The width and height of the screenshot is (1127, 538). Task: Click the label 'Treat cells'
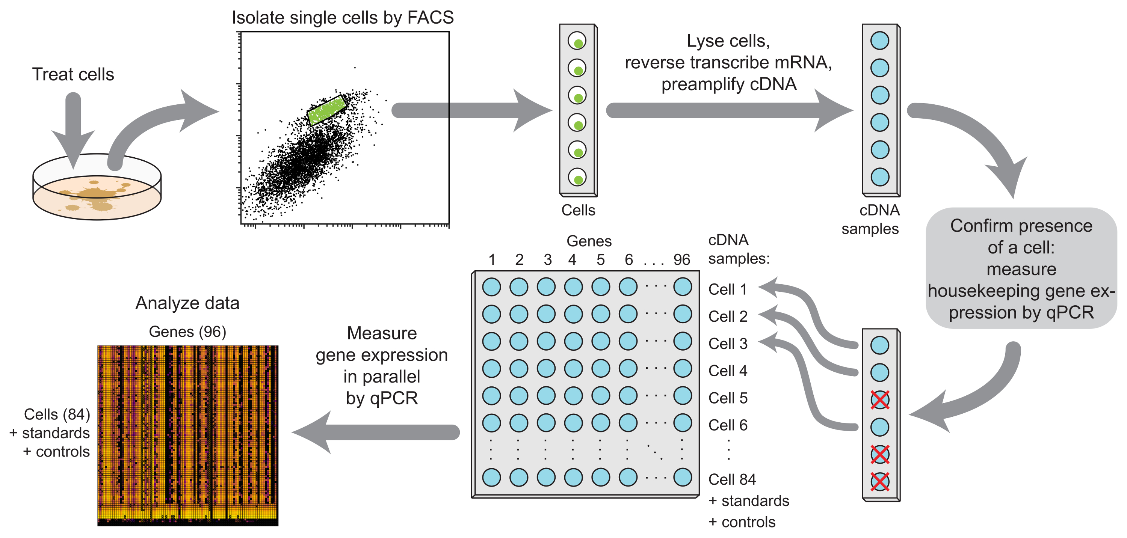pyautogui.click(x=73, y=74)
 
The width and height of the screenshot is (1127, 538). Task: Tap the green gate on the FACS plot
pyautogui.click(x=327, y=110)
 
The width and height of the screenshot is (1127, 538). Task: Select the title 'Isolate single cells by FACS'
pyautogui.click(x=343, y=18)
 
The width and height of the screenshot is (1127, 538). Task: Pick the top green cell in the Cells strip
pyautogui.click(x=578, y=43)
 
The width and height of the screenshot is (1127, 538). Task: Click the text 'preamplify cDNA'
pyautogui.click(x=728, y=84)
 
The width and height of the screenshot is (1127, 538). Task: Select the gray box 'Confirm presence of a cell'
pyautogui.click(x=1021, y=268)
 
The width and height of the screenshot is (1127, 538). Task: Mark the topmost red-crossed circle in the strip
pyautogui.click(x=879, y=400)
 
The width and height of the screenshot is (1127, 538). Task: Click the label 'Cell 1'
pyautogui.click(x=727, y=289)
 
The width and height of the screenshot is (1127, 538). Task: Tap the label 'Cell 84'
pyautogui.click(x=731, y=479)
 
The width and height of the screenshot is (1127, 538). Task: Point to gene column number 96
pyautogui.click(x=681, y=260)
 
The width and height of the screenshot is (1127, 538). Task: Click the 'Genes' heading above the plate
pyautogui.click(x=589, y=241)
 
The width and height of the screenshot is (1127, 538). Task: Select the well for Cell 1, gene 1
pyautogui.click(x=491, y=287)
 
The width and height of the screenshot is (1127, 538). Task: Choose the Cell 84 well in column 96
pyautogui.click(x=682, y=477)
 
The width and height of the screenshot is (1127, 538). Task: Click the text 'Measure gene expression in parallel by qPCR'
pyautogui.click(x=382, y=366)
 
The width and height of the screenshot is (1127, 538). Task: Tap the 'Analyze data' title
pyautogui.click(x=187, y=303)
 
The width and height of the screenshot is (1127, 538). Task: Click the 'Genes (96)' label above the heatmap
pyautogui.click(x=187, y=332)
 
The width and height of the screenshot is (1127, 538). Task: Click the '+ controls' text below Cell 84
pyautogui.click(x=742, y=522)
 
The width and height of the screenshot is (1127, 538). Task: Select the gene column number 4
pyautogui.click(x=572, y=260)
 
